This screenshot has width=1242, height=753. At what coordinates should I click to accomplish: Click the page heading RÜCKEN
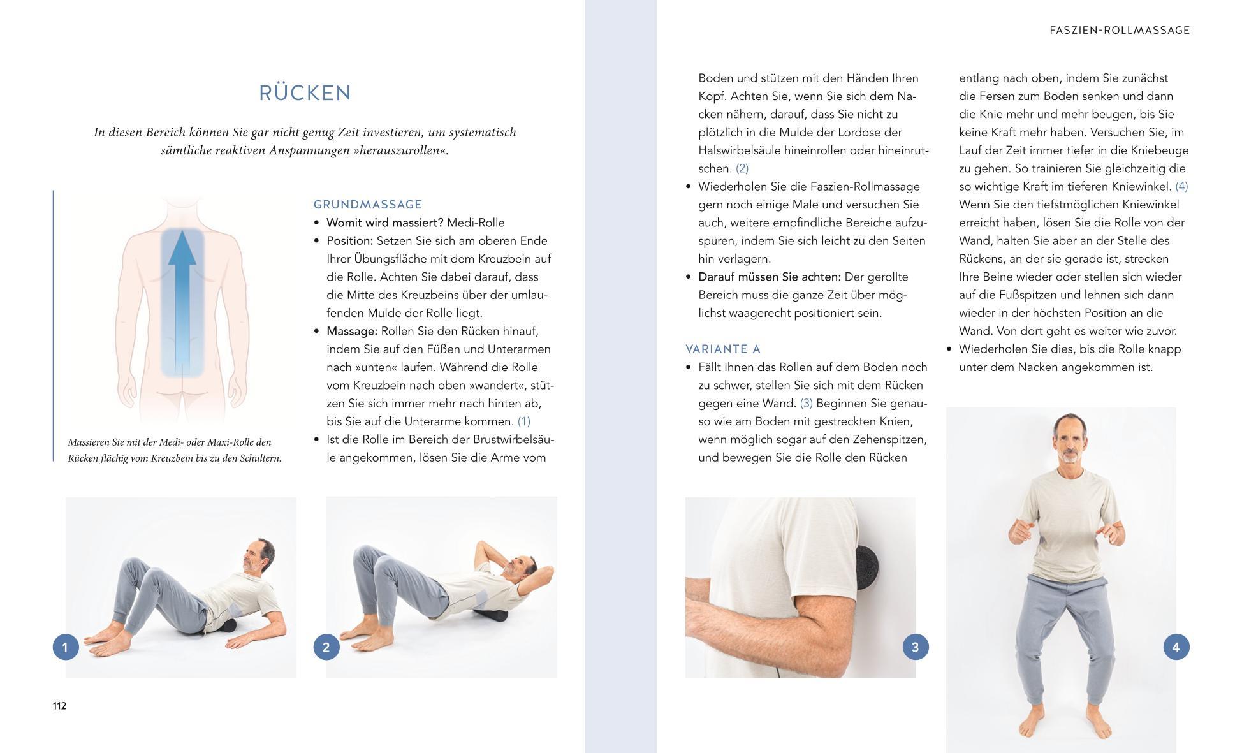pos(305,93)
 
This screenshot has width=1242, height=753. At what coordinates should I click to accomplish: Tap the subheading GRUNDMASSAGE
pos(368,205)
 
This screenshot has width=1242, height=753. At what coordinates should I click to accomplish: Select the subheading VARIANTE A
pos(723,349)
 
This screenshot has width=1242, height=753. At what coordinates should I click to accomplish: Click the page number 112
pos(59,706)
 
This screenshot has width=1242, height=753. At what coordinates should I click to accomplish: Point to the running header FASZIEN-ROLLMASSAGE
pos(1120,30)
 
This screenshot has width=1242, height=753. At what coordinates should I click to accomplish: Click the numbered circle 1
pos(65,647)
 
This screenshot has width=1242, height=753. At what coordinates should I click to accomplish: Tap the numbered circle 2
pos(326,647)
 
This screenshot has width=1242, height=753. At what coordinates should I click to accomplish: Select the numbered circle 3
pos(916,647)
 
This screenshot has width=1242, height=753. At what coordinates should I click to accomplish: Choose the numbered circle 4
pos(1176,647)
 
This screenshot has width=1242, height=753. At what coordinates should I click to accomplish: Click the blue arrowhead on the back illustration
pos(182,248)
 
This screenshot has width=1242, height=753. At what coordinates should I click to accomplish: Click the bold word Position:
pos(350,241)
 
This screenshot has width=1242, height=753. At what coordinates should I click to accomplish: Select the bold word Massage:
pos(352,332)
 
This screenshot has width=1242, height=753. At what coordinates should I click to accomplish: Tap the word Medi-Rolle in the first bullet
pos(476,223)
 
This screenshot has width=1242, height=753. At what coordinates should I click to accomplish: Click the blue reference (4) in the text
pos(1182,187)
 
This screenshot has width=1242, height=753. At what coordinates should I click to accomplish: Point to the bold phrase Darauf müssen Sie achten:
pos(770,277)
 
